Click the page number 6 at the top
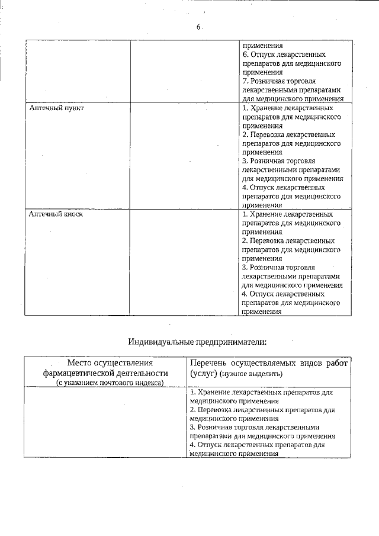pos(199,27)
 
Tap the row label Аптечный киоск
pos(56,214)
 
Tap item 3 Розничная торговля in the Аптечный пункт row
pos(278,161)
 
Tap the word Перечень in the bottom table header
pos(211,363)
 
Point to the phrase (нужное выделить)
pos(251,374)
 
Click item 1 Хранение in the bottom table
pos(261,392)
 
